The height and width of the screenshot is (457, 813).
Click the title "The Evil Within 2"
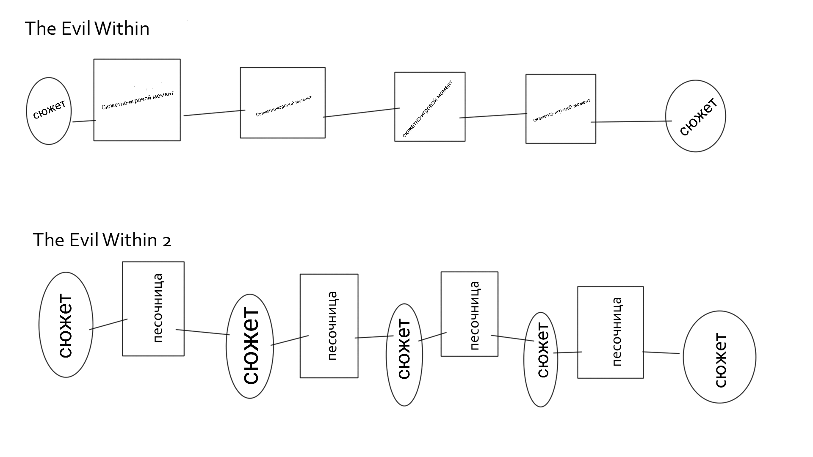pos(102,240)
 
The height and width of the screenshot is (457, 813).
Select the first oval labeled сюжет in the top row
pos(49,111)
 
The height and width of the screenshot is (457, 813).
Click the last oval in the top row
pos(695,116)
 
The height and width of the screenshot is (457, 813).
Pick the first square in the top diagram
pos(137,100)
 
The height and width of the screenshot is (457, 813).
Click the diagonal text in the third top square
pos(427,109)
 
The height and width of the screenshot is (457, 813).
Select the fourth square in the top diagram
pos(561,109)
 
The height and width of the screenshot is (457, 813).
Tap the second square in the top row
pos(282,103)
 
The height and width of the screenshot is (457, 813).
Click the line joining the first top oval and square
pos(84,121)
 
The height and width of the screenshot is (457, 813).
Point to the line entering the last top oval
pos(631,122)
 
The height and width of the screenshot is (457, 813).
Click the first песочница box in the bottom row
pos(153,308)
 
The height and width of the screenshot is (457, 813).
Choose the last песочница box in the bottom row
pos(610,332)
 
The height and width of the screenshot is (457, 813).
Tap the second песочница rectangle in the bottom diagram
pos(329,326)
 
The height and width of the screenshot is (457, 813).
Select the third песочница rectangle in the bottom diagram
pos(469,314)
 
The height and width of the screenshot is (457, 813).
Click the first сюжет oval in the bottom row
pos(66,325)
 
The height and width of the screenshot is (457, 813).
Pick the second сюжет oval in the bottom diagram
pos(250,346)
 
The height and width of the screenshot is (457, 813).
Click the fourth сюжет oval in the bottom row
pos(541,360)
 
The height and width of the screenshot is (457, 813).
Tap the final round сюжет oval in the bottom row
pos(719,357)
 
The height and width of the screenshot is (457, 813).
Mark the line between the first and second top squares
pos(214,113)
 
